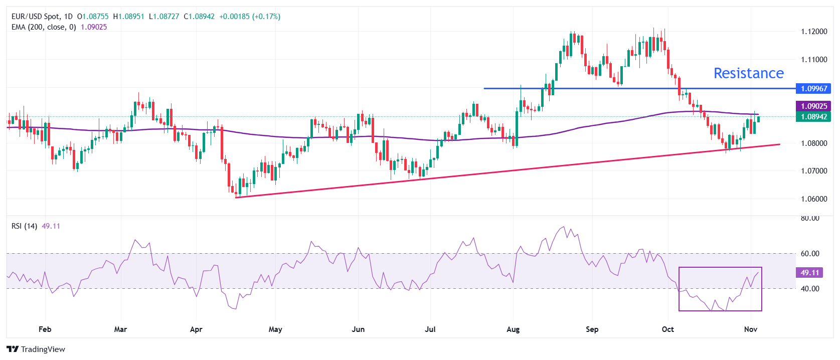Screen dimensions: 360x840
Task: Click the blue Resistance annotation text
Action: pyautogui.click(x=748, y=73)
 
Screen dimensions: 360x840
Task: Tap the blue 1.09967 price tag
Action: pyautogui.click(x=813, y=89)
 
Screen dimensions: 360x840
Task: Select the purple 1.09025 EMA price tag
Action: pyautogui.click(x=813, y=106)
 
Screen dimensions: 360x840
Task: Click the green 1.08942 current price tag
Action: pyautogui.click(x=813, y=117)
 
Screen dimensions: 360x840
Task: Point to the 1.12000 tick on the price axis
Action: pyautogui.click(x=814, y=32)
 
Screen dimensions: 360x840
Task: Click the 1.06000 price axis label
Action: pyautogui.click(x=814, y=199)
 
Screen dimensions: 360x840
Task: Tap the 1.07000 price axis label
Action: pyautogui.click(x=814, y=171)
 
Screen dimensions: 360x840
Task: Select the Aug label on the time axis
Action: pyautogui.click(x=513, y=329)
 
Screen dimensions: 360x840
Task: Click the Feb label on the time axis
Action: pyautogui.click(x=45, y=329)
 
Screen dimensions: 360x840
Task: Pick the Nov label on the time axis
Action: pyautogui.click(x=750, y=329)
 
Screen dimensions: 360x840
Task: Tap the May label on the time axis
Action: pyautogui.click(x=275, y=329)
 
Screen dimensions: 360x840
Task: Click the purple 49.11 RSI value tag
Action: pyautogui.click(x=809, y=273)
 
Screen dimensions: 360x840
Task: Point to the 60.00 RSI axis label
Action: pyautogui.click(x=810, y=254)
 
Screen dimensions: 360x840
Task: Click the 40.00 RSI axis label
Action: pyautogui.click(x=810, y=289)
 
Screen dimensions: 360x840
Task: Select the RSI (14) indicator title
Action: pyautogui.click(x=24, y=226)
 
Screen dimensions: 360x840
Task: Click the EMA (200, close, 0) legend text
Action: pyautogui.click(x=44, y=27)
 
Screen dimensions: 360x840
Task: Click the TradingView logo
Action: pyautogui.click(x=36, y=349)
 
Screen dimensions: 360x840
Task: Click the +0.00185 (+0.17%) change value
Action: pyautogui.click(x=250, y=17)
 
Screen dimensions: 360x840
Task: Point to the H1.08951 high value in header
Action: pyautogui.click(x=128, y=17)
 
